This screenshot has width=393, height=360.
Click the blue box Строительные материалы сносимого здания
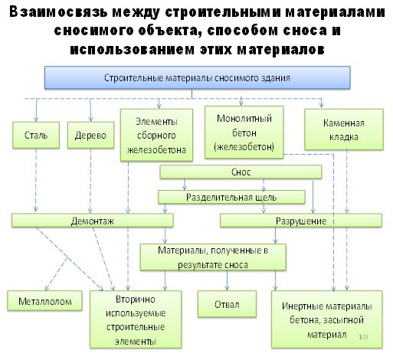pyautogui.click(x=198, y=77)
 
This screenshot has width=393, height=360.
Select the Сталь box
pyautogui.click(x=36, y=135)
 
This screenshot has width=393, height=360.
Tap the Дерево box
pyautogui.click(x=90, y=135)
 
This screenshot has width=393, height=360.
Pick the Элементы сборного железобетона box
pyautogui.click(x=156, y=135)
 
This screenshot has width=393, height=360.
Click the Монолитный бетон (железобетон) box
pyautogui.click(x=244, y=133)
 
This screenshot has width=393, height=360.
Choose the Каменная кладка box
pyautogui.click(x=344, y=129)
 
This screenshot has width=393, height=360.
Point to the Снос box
pyautogui.click(x=241, y=172)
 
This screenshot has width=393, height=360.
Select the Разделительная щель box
pyautogui.click(x=231, y=197)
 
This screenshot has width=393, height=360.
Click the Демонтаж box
pyautogui.click(x=93, y=221)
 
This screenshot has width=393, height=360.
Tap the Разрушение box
pyautogui.click(x=301, y=221)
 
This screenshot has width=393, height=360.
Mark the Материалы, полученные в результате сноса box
pyautogui.click(x=213, y=257)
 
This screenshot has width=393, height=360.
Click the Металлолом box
pyautogui.click(x=45, y=301)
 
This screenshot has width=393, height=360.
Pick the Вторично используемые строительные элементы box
pyautogui.click(x=136, y=319)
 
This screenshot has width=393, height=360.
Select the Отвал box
pyautogui.click(x=227, y=304)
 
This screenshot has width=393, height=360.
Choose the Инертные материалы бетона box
pyautogui.click(x=327, y=319)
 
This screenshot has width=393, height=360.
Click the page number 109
pyautogui.click(x=363, y=337)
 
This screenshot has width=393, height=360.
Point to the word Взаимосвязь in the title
pyautogui.click(x=59, y=12)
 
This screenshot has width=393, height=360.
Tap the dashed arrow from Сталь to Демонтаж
pyautogui.click(x=36, y=180)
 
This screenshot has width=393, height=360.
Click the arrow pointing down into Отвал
pyautogui.click(x=227, y=280)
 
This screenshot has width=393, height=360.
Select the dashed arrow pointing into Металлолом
pyautogui.click(x=56, y=273)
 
